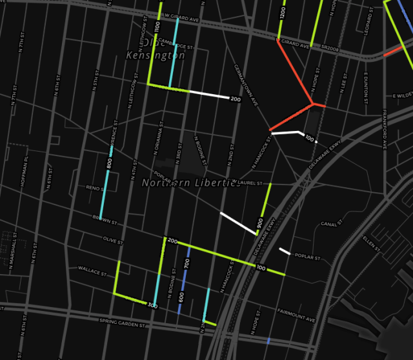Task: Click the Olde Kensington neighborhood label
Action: [x=155, y=49]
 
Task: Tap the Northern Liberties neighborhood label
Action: [x=191, y=183]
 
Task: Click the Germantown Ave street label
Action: [x=246, y=85]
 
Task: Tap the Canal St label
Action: [x=330, y=224]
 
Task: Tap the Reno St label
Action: [x=95, y=188]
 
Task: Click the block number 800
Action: [x=108, y=164]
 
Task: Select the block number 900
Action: [x=259, y=224]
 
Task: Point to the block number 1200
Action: [x=282, y=12]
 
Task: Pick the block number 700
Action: [x=186, y=263]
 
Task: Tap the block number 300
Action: [x=152, y=305]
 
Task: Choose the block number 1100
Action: [x=157, y=26]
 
